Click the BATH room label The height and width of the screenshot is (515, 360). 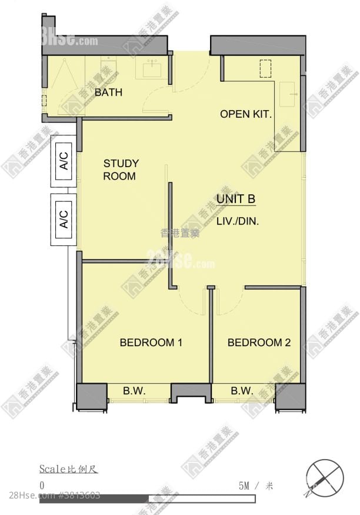tap(108, 92)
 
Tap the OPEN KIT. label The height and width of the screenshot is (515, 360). tap(246, 114)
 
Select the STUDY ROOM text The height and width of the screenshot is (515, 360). tap(121, 170)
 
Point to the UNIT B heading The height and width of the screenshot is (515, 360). tap(236, 199)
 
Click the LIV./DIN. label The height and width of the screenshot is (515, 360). tap(238, 221)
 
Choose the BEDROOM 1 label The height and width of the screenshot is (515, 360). tap(151, 343)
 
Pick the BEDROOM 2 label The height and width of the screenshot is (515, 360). tap(259, 343)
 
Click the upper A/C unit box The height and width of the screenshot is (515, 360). tap(64, 161)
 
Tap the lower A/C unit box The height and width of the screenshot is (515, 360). tap(64, 220)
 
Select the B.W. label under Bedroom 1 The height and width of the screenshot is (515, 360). tap(134, 391)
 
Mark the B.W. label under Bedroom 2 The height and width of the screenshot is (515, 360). tap(242, 391)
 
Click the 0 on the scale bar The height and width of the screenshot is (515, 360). tap(42, 486)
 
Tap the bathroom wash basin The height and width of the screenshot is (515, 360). tap(152, 69)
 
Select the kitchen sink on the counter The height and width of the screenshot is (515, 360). tap(287, 94)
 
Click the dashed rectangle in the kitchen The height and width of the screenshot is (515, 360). tap(265, 68)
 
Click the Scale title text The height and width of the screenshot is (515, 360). tap(68, 469)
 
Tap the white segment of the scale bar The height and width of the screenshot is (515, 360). tap(202, 499)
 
